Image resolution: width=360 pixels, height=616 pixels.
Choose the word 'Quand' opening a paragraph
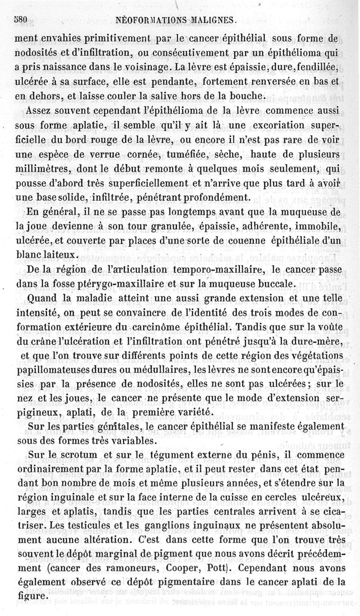(x=42, y=298)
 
